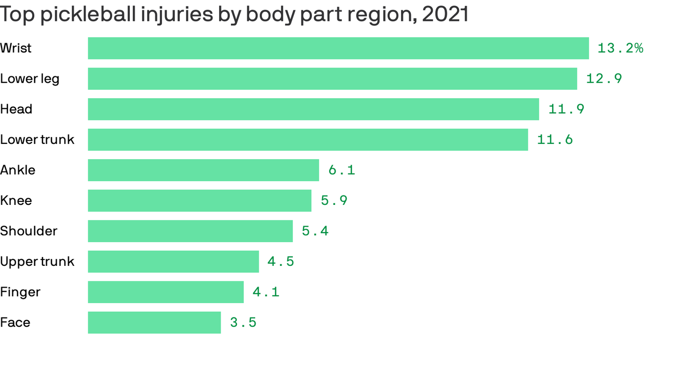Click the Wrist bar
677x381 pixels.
click(338, 48)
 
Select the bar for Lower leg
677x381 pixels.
click(332, 79)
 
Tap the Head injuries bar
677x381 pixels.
click(313, 109)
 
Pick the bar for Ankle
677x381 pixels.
click(203, 170)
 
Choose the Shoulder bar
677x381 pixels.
click(190, 231)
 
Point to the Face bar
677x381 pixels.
click(154, 322)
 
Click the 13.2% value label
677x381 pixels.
click(620, 48)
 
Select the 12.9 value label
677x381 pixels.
click(604, 79)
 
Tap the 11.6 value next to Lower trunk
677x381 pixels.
click(555, 140)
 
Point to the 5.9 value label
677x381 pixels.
click(334, 201)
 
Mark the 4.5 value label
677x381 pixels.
click(281, 262)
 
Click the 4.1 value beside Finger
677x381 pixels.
click(266, 292)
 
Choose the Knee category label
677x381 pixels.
click(16, 201)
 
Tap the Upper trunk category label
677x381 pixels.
click(37, 262)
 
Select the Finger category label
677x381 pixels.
click(20, 292)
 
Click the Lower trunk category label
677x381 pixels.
click(37, 140)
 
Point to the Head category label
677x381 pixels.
click(16, 109)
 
